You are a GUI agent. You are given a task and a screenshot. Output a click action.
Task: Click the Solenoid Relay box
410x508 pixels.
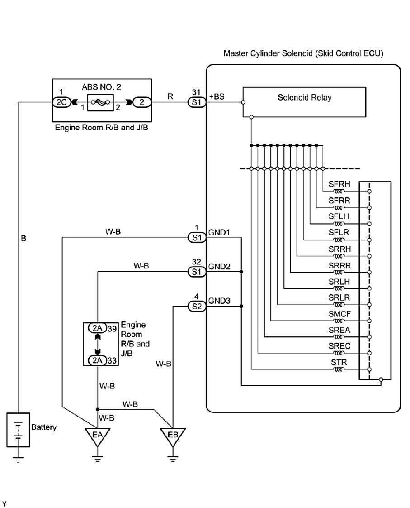pos(304,102)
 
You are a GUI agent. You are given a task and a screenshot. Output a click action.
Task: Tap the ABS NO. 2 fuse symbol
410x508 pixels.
pos(101,102)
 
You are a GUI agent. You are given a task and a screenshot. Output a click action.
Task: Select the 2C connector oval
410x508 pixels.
pos(61,102)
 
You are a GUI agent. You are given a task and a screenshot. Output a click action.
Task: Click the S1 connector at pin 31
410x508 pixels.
pos(197,102)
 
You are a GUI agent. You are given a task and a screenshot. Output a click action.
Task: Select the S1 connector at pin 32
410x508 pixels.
pos(197,272)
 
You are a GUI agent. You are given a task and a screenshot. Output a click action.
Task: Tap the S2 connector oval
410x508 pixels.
pos(197,307)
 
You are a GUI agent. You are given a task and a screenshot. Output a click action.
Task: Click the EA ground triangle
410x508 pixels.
pos(98,436)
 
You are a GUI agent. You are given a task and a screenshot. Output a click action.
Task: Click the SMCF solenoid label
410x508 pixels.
pos(340,313)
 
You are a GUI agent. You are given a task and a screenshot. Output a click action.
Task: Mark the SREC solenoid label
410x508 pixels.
pos(340,345)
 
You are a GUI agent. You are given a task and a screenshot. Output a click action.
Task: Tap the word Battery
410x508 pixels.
pos(44,427)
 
